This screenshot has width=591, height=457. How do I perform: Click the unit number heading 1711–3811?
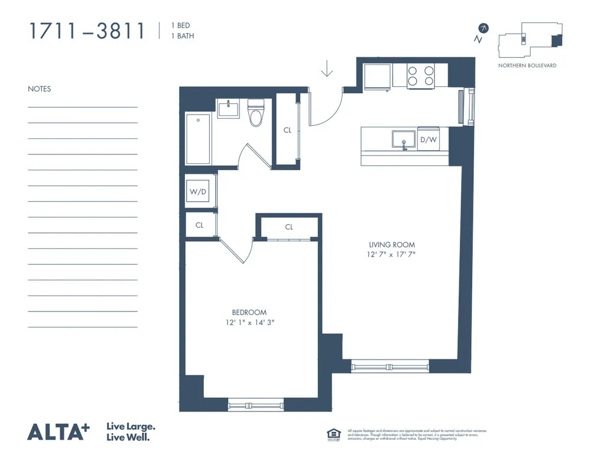point(87,31)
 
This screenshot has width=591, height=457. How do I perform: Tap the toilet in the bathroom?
point(256,114)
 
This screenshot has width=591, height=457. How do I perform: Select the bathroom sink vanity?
point(228,109)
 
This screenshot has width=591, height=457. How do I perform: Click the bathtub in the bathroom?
point(198,140)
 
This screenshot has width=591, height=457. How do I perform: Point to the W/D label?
point(197,192)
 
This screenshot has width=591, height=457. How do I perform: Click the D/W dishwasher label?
point(428,140)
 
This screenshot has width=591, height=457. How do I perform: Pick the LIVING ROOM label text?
point(392,244)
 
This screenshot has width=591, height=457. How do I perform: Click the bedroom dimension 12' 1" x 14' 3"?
point(249,323)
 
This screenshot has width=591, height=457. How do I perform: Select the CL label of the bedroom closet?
point(289,227)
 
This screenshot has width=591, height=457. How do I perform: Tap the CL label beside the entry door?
point(287,131)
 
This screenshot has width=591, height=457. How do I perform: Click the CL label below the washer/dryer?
point(199,225)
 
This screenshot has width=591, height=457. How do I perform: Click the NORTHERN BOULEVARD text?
point(527,65)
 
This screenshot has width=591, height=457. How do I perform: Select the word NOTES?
point(40,89)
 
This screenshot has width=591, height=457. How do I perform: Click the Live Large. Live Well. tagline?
point(131,432)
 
